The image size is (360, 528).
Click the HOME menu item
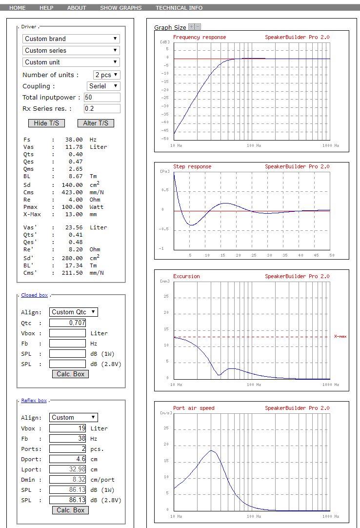click(x=18, y=8)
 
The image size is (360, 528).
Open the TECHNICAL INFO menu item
click(x=179, y=8)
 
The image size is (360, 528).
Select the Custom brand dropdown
click(x=71, y=39)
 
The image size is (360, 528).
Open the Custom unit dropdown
click(x=71, y=62)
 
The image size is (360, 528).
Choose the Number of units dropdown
click(x=107, y=75)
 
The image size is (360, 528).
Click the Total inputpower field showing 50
click(x=102, y=97)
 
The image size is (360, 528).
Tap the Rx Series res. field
click(x=102, y=108)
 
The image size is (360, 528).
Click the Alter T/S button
click(x=96, y=123)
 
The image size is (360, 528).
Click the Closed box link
click(x=34, y=295)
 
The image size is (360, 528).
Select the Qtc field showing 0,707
click(x=67, y=323)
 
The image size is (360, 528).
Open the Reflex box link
click(x=34, y=401)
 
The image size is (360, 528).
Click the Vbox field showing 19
click(x=67, y=428)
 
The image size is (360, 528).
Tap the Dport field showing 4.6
click(x=67, y=459)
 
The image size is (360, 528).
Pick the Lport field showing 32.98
click(x=67, y=469)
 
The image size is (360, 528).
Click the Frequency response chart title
click(x=200, y=38)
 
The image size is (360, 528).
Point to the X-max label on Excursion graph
click(x=340, y=336)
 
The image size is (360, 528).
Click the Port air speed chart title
click(x=194, y=408)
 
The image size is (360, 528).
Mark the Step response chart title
click(x=192, y=166)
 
